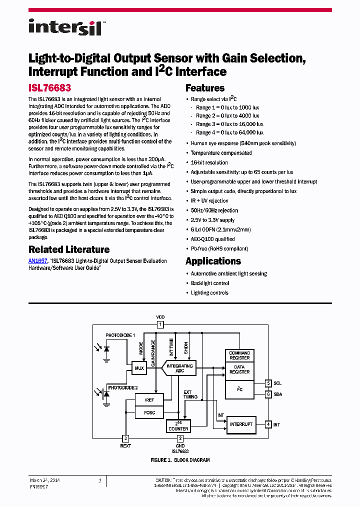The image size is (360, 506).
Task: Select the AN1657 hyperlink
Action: tap(38, 261)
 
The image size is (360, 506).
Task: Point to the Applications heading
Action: tap(213, 261)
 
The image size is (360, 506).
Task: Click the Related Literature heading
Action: tap(69, 249)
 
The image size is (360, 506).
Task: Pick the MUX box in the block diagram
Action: tap(139, 368)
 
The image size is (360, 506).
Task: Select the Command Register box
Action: tap(239, 355)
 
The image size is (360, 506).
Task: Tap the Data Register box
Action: tap(239, 369)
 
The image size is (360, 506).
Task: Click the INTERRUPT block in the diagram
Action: tap(241, 424)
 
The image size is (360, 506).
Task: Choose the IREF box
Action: tap(149, 400)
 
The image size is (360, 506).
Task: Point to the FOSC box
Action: tap(149, 412)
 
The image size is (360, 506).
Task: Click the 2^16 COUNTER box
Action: tap(178, 426)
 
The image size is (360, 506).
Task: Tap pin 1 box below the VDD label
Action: tap(160, 324)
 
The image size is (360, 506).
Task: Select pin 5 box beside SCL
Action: tap(268, 383)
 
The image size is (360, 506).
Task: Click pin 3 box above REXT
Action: tap(125, 438)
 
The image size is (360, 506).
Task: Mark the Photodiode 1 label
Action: tap(120, 334)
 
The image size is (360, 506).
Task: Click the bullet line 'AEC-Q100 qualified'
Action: tap(212, 239)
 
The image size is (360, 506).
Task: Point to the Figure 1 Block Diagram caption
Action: tap(180, 460)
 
